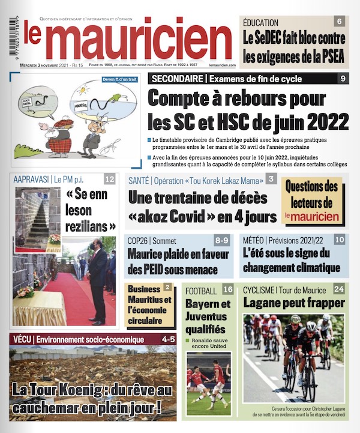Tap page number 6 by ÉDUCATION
(340, 22)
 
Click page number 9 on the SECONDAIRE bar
(343, 79)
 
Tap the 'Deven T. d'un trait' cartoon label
(119, 79)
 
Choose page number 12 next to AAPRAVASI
(109, 179)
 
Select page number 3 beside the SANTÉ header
(271, 178)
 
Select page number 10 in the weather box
(340, 240)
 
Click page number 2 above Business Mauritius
(167, 288)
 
